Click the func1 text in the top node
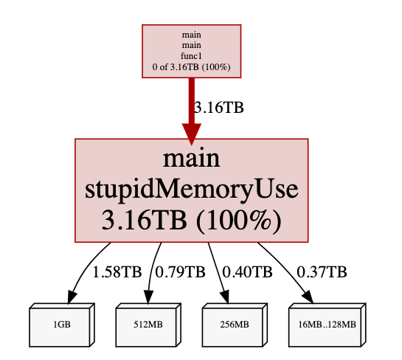191,56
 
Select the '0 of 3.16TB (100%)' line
191,67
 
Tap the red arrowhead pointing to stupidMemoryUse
192,134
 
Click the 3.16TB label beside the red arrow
218,108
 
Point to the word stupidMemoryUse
192,190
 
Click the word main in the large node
192,159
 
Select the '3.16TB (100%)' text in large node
192,221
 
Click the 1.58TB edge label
117,271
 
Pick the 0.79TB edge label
180,271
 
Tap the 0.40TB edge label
247,271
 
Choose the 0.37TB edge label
322,271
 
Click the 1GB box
62,325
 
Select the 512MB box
148,325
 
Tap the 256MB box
235,325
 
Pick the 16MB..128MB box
328,325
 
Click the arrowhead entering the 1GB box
72,297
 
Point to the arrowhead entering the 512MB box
148,297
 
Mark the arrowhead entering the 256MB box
225,297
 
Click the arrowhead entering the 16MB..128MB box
308,297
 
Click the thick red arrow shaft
192,100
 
